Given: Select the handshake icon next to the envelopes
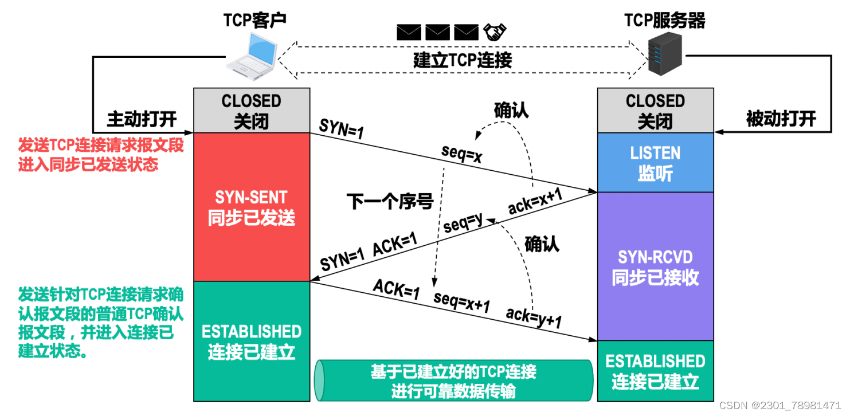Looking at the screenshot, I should (x=494, y=32).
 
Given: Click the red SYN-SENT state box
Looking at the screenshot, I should (x=252, y=207).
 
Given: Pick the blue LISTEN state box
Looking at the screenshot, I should (x=655, y=162).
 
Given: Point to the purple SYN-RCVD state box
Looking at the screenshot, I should (x=655, y=266).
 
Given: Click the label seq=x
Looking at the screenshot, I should (x=461, y=154).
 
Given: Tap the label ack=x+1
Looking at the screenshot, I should (x=535, y=201).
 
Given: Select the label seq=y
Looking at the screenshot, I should (x=463, y=223).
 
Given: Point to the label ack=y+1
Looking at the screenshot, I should (x=533, y=317).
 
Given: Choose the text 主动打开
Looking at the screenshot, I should (x=142, y=119).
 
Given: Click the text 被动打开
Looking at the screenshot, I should (x=781, y=119).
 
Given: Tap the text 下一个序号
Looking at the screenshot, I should (x=389, y=201).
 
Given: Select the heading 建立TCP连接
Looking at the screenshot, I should (x=462, y=60).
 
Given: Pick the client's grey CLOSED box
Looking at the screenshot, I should (x=252, y=111).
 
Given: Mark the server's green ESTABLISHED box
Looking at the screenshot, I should (x=655, y=371).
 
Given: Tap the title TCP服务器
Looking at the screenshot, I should (x=665, y=21).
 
